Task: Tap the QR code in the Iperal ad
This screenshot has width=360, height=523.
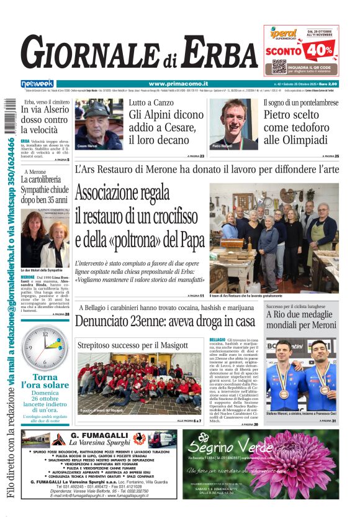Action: [x=280, y=66]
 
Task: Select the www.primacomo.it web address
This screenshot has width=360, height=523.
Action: [x=178, y=84]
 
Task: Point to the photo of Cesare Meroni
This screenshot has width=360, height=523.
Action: [x=99, y=124]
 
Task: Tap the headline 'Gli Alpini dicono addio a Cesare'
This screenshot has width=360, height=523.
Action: [x=166, y=121]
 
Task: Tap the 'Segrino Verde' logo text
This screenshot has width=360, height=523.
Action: [x=223, y=444]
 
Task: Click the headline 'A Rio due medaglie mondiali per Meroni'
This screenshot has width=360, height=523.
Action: [x=301, y=320]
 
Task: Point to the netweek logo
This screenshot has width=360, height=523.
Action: [x=37, y=84]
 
